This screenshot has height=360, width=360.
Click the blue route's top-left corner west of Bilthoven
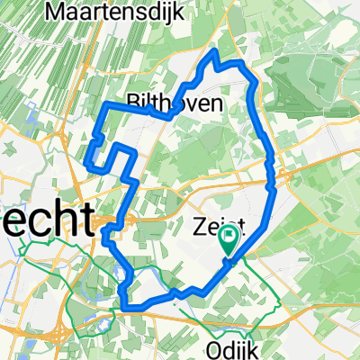pyautogui.click(x=105, y=105)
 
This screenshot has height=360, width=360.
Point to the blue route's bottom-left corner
pyautogui.click(x=121, y=307)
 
